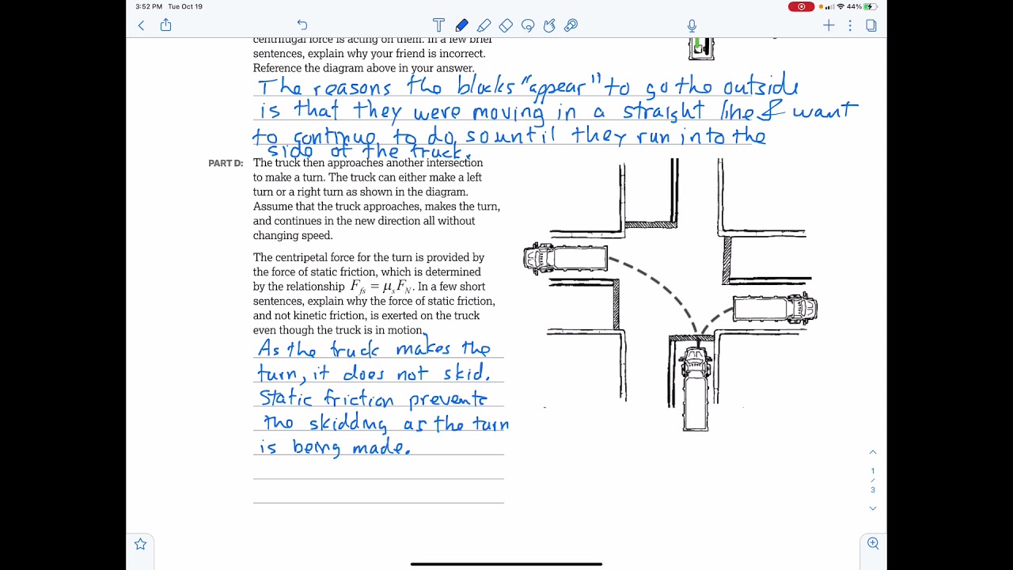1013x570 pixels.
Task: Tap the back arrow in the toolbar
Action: [142, 25]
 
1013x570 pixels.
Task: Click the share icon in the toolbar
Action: [165, 25]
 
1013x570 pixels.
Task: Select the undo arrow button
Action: [302, 25]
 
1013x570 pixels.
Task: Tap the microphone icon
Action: [692, 25]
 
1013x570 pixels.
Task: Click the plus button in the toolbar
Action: [829, 25]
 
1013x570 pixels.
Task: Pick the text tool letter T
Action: [438, 25]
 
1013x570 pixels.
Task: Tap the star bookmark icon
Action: [140, 544]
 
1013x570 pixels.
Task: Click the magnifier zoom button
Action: [873, 543]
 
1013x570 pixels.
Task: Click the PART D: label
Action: [226, 163]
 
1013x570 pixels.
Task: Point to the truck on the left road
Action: [565, 258]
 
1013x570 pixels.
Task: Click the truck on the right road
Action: [775, 308]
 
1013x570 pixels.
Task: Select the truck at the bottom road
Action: [696, 388]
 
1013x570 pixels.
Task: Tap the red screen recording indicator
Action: [801, 6]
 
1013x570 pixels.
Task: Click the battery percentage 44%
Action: [854, 6]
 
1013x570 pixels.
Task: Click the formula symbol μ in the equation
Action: [387, 287]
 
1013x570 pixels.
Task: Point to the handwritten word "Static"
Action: [286, 398]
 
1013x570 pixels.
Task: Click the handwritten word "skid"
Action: [466, 374]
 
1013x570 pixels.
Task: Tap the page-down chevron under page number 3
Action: [873, 508]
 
